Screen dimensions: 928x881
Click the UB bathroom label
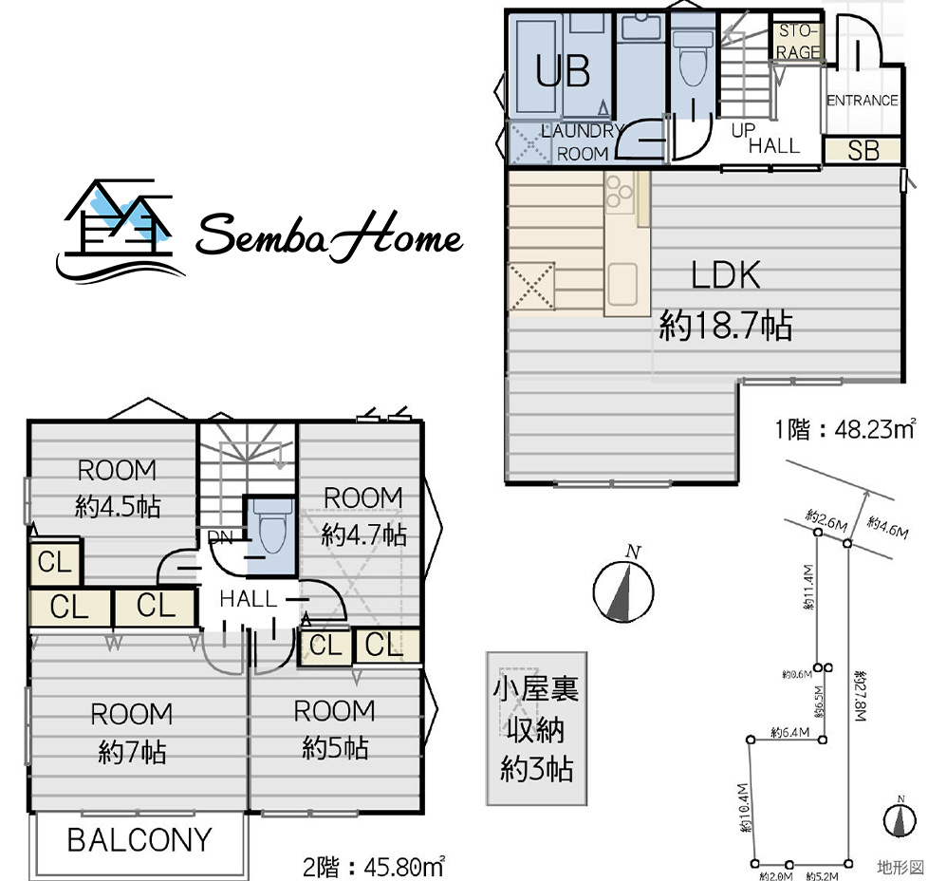[x=563, y=71]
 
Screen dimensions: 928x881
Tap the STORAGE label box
[x=798, y=42]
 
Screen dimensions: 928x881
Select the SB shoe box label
[x=863, y=150]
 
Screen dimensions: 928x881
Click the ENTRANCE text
[x=863, y=101]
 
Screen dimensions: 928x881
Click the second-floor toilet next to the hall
[x=272, y=528]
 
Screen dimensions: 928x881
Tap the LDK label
[x=726, y=275]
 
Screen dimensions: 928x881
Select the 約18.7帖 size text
[x=726, y=325]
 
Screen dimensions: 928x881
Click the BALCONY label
[x=139, y=839]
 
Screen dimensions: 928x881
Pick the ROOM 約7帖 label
[x=131, y=733]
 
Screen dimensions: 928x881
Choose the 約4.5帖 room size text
[x=118, y=507]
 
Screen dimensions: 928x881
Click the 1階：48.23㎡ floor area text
[x=845, y=429]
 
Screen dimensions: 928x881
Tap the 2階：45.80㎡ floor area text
[x=374, y=867]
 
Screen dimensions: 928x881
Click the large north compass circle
[x=623, y=591]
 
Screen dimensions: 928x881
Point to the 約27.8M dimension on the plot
[x=860, y=696]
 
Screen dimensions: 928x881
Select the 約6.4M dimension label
[x=790, y=732]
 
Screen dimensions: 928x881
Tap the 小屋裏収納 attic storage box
[x=537, y=729]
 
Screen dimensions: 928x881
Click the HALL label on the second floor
[x=248, y=599]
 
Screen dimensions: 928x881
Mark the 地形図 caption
[x=900, y=868]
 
